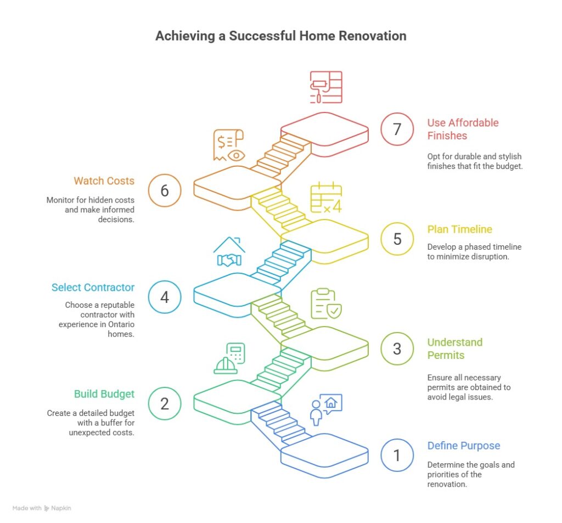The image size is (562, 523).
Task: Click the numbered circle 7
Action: pos(397,130)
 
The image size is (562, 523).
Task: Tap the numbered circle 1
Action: pos(397,455)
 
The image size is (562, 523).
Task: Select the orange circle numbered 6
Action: pos(165,190)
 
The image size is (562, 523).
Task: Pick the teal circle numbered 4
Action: pos(165,297)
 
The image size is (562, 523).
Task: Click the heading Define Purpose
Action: pos(464,446)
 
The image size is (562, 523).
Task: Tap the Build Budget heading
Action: pos(104,394)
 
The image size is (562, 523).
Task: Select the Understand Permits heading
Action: pos(455,348)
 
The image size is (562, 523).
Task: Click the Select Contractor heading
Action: pos(93,287)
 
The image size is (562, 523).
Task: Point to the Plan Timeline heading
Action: pos(460,229)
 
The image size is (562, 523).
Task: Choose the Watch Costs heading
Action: pos(104,180)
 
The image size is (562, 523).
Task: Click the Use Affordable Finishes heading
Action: pos(463,129)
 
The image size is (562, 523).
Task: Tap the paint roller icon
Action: pos(325,87)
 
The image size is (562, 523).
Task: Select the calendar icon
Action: pos(326,198)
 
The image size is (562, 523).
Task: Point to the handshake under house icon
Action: pos(229,252)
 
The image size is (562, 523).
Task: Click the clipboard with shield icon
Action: pos(326,304)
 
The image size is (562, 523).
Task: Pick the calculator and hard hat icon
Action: pos(229,358)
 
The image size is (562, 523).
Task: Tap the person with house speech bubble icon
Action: pos(325,410)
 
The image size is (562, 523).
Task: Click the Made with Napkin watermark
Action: pos(42,508)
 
